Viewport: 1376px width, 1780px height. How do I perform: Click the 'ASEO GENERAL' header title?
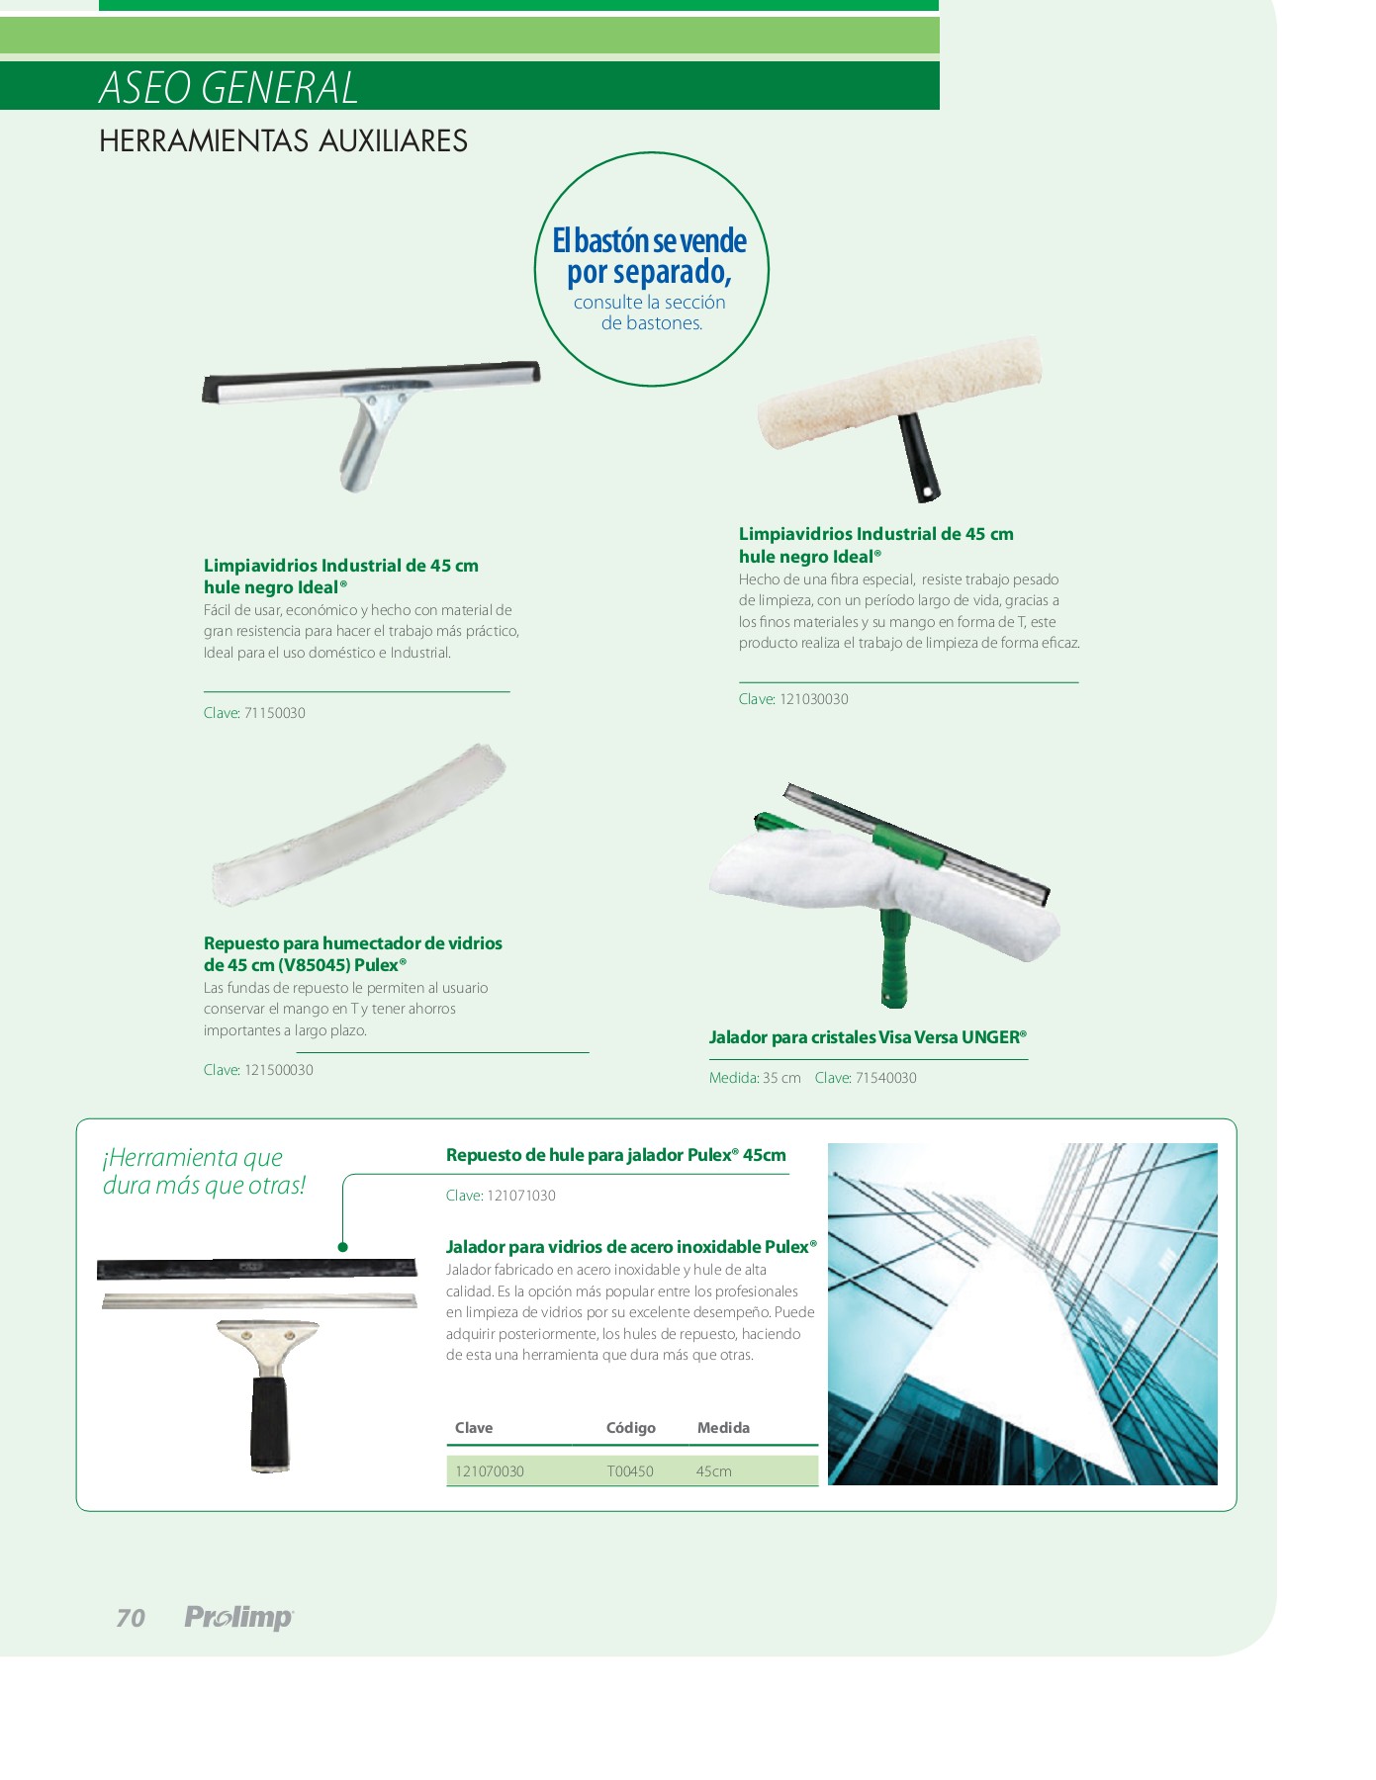tap(229, 87)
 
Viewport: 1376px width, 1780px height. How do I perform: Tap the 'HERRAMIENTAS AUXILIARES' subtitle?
tap(283, 140)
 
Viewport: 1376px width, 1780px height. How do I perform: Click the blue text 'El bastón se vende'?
tap(649, 240)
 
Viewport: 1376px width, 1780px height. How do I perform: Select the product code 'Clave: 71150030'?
tap(254, 713)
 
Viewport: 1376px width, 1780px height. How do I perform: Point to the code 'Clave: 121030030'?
tap(793, 699)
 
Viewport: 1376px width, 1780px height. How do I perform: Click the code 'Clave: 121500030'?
tap(258, 1070)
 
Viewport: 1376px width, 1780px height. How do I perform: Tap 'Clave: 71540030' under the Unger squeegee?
tap(866, 1078)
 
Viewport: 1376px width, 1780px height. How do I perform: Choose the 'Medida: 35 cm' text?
tap(755, 1078)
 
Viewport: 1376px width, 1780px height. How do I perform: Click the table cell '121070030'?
tap(490, 1471)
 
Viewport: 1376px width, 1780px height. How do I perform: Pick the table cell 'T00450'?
tap(630, 1471)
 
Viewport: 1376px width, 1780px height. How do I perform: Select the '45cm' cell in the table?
tap(714, 1471)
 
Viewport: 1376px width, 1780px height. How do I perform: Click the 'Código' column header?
tap(631, 1428)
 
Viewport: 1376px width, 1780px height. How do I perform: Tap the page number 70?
tap(131, 1618)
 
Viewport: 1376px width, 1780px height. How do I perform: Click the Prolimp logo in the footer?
tap(239, 1618)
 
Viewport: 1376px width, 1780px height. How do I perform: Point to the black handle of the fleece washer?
tap(919, 457)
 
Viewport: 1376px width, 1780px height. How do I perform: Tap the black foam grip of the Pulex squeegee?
tap(269, 1422)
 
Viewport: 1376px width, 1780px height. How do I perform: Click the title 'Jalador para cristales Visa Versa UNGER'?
tap(868, 1037)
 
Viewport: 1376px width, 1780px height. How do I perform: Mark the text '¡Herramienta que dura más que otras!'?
tap(204, 1171)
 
